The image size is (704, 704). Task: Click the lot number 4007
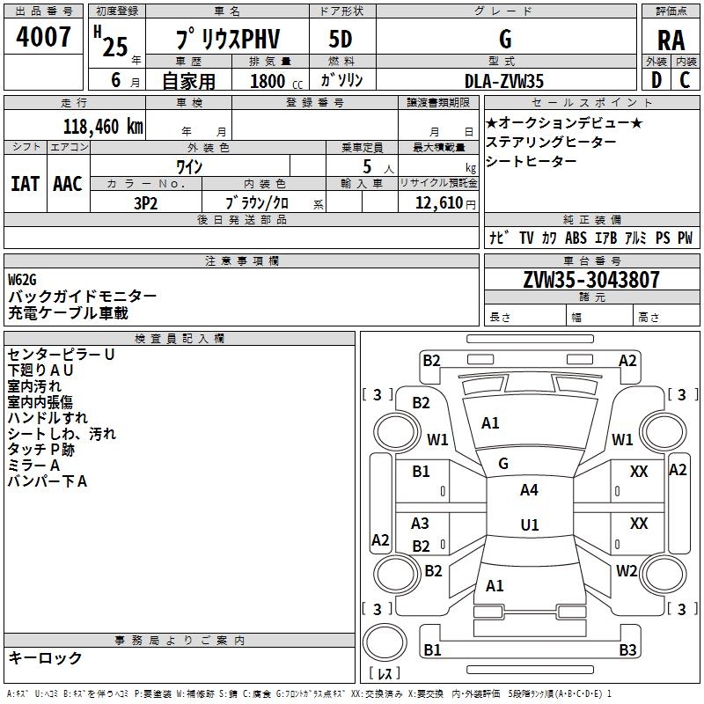(x=44, y=38)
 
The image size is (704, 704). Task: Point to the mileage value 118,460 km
(x=103, y=127)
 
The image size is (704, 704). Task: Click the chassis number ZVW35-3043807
(x=591, y=280)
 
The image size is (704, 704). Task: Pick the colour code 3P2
(x=145, y=202)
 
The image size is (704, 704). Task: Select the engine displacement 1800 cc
(x=268, y=81)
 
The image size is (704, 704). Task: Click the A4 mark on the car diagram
(x=529, y=490)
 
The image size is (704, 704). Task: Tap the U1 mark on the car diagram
(x=529, y=524)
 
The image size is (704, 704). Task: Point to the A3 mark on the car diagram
(x=421, y=524)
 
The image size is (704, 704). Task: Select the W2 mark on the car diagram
(x=627, y=571)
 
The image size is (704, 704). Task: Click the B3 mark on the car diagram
(x=627, y=650)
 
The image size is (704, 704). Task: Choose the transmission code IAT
(x=24, y=184)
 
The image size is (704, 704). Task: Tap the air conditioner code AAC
(x=68, y=184)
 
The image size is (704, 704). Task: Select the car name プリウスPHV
(x=226, y=40)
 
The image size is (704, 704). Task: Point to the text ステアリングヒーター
(x=551, y=142)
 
